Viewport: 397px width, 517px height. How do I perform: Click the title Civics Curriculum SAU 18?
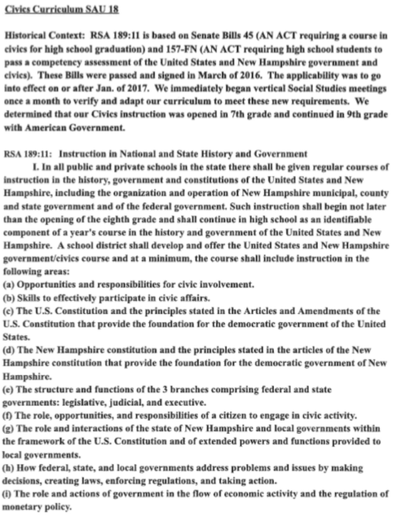pos(54,11)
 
